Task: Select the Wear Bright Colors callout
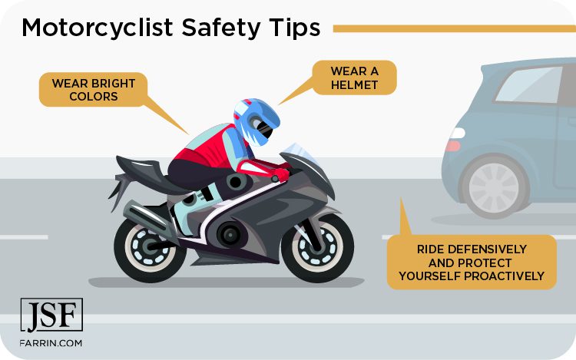pos(84,90)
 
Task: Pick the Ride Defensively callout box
pos(472,262)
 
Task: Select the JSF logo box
pos(51,315)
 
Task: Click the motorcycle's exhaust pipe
pos(150,210)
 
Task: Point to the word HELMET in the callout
pos(355,84)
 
